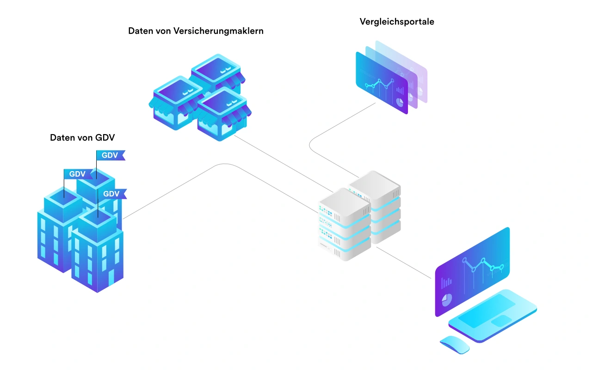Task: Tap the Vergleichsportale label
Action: (397, 22)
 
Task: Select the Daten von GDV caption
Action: (82, 137)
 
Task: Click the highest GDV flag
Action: (110, 155)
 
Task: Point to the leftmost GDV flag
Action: (77, 174)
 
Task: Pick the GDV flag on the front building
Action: (111, 194)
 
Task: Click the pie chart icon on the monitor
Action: (447, 300)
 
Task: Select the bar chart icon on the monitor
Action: (446, 282)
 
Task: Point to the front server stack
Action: (344, 224)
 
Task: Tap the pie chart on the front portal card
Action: (399, 100)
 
